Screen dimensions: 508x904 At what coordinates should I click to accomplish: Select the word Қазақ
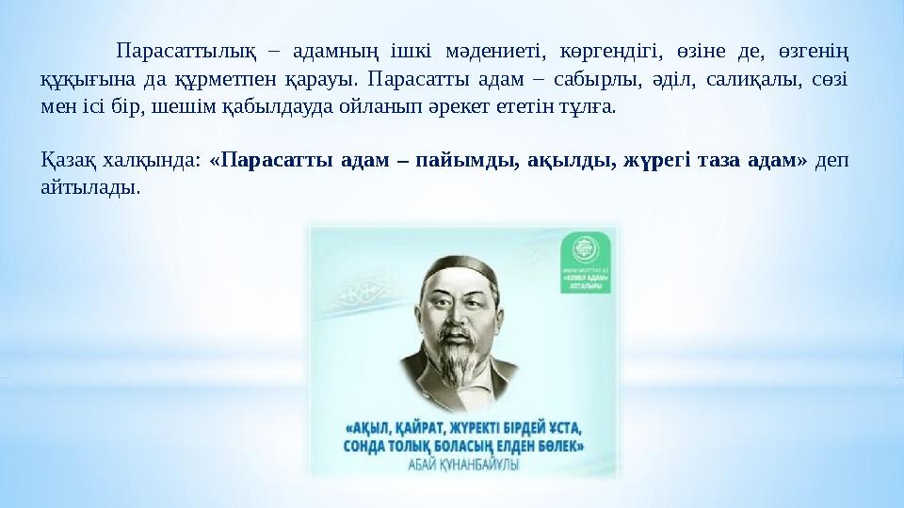pyautogui.click(x=64, y=161)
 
